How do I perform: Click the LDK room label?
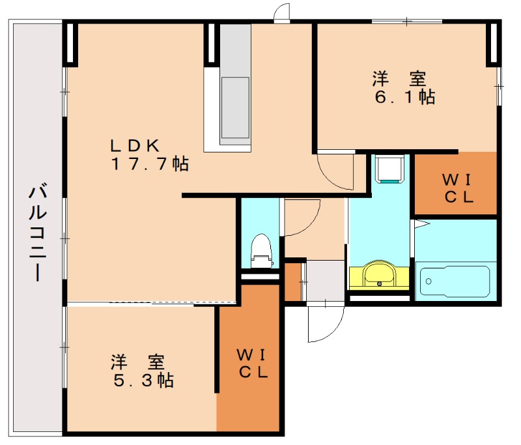(x=135, y=145)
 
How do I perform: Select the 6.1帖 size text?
(x=404, y=98)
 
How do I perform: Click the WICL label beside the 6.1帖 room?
(x=456, y=188)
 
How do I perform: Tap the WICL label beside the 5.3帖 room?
(x=250, y=364)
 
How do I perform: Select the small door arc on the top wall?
(x=281, y=12)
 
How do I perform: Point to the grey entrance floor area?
(x=326, y=280)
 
